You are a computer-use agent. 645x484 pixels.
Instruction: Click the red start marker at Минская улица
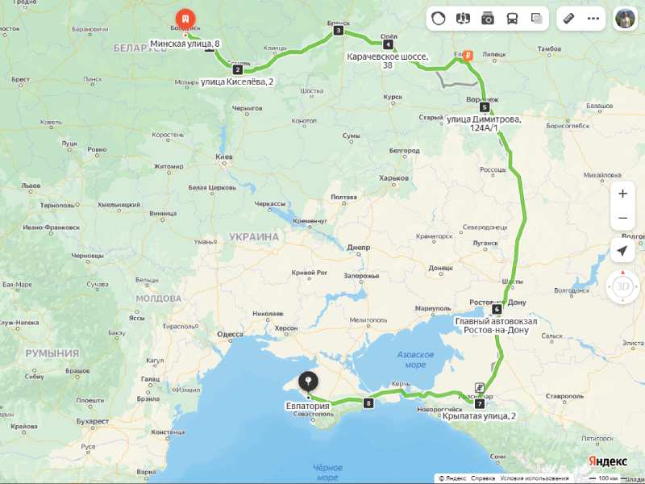click(186, 18)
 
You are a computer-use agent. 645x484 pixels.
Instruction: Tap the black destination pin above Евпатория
click(307, 382)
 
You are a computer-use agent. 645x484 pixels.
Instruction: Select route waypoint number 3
click(338, 31)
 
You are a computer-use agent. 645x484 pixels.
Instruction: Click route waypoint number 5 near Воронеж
click(484, 106)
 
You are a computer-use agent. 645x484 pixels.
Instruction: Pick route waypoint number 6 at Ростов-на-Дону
click(497, 309)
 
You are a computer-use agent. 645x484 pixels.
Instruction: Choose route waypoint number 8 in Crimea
click(369, 403)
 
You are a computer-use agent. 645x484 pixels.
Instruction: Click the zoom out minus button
click(622, 218)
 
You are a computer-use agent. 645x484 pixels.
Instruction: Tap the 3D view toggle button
click(622, 286)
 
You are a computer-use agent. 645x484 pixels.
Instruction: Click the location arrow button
click(622, 251)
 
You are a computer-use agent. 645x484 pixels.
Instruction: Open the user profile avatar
click(625, 19)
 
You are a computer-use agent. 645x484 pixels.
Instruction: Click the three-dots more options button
click(594, 19)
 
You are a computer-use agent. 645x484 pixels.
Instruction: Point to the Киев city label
click(224, 156)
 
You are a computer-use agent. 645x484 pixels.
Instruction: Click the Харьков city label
click(393, 178)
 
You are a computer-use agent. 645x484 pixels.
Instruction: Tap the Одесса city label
click(230, 334)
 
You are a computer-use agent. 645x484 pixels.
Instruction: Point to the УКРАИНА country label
click(254, 237)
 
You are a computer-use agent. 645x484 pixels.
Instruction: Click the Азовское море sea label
click(416, 360)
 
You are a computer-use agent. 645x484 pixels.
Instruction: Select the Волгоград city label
click(561, 290)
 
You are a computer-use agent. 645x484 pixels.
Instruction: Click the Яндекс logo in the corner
click(608, 460)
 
